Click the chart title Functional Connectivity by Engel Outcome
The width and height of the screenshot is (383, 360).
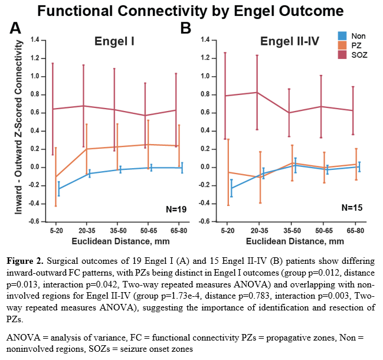click(191, 11)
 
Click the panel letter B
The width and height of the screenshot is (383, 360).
click(186, 28)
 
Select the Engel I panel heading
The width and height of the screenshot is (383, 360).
click(115, 42)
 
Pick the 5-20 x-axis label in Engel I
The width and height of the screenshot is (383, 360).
click(57, 230)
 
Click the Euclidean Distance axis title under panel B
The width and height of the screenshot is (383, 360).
click(294, 240)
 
